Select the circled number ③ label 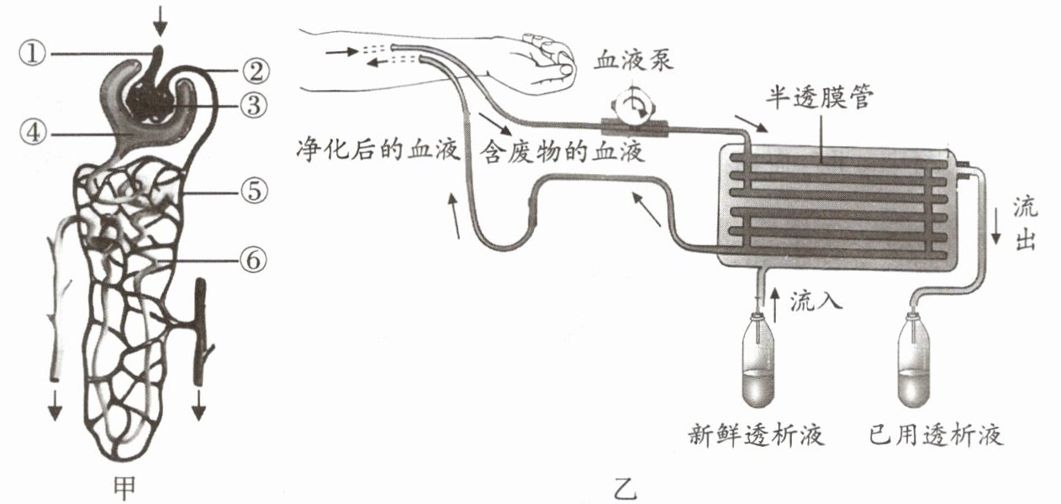pyautogui.click(x=256, y=104)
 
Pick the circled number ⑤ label pyautogui.click(x=256, y=192)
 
